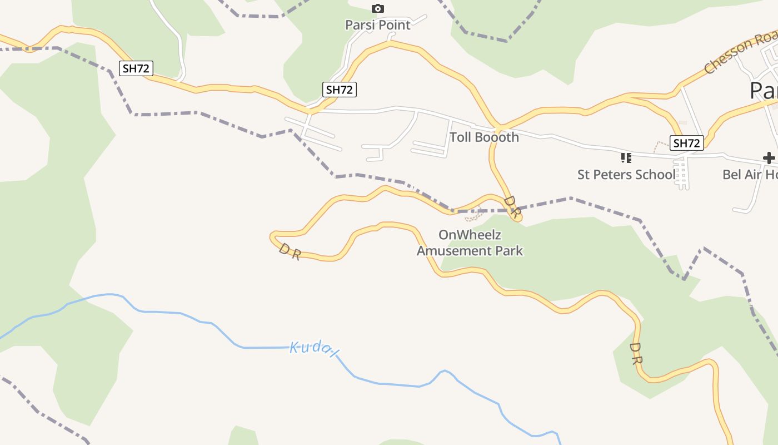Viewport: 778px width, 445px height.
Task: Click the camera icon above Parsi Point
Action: point(378,8)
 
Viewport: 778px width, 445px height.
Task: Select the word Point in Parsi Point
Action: point(392,25)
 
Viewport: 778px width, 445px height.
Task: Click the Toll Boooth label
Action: point(484,137)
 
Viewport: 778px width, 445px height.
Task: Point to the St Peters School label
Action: point(626,175)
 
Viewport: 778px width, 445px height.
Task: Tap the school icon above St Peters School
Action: point(626,158)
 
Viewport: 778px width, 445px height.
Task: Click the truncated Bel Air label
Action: point(750,175)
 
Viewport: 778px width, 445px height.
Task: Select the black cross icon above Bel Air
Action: point(769,158)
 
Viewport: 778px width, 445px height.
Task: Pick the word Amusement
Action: point(451,251)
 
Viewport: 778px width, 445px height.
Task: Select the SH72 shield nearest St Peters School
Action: point(686,143)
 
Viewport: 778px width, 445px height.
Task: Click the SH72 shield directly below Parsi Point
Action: point(339,90)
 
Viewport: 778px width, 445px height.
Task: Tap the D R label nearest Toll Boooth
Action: point(512,206)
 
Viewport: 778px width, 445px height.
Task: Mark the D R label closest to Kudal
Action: point(290,251)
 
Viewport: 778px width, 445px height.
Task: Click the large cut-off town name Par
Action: point(763,90)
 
